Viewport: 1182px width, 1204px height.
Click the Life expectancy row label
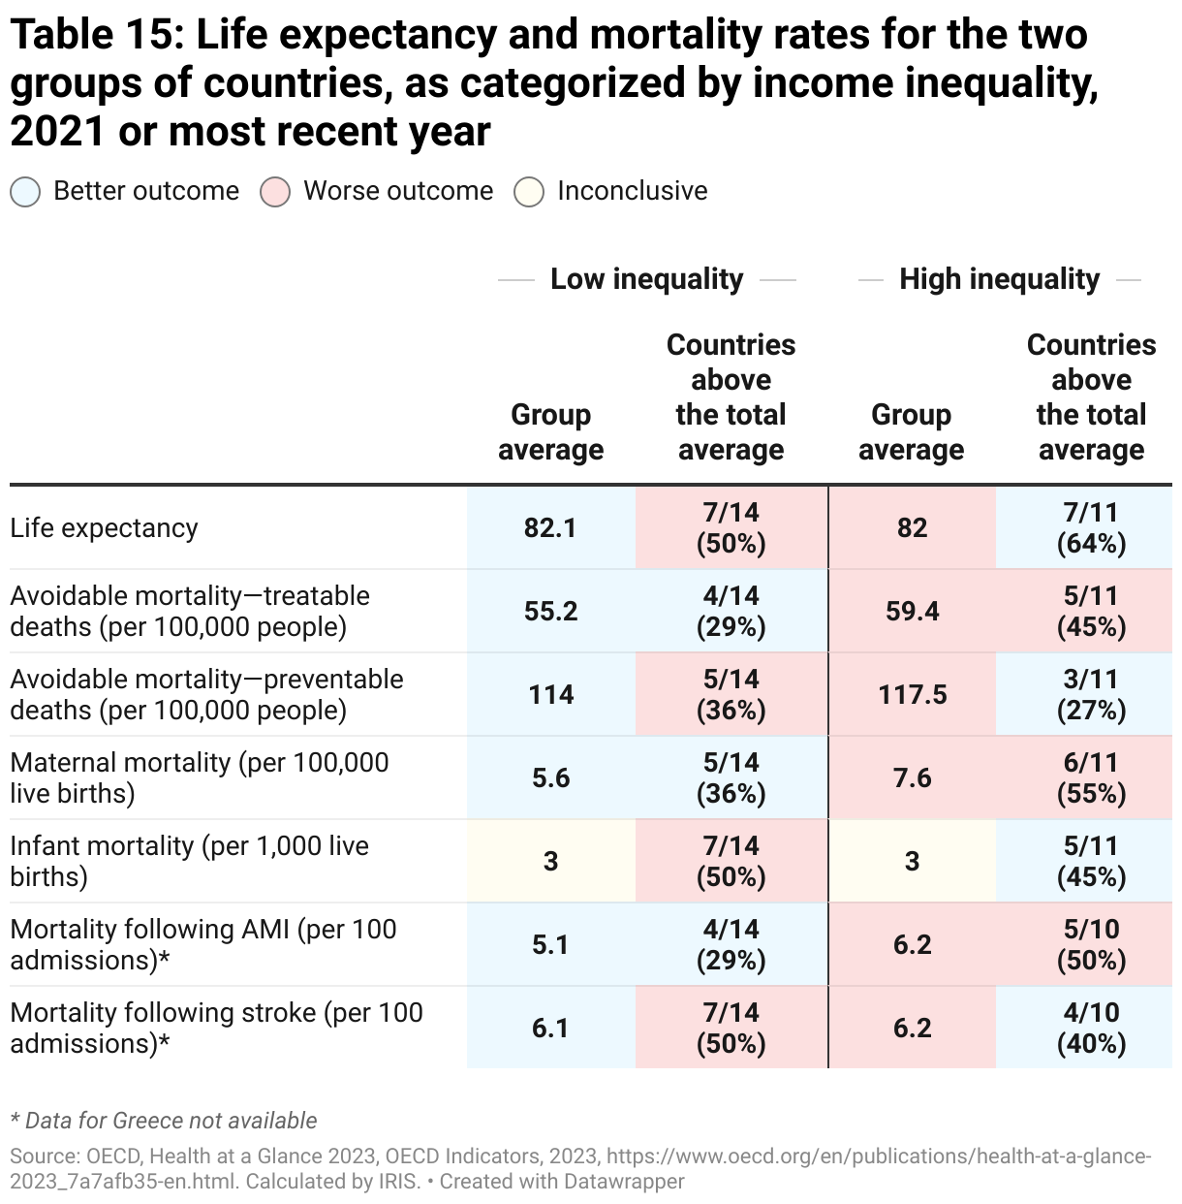click(104, 528)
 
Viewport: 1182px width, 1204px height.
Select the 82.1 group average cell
click(550, 528)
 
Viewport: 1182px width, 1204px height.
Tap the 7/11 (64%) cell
click(1091, 528)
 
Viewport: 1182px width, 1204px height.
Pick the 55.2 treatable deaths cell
click(550, 612)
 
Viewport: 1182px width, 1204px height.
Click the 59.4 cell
click(912, 612)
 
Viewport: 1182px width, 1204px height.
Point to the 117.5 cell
click(912, 695)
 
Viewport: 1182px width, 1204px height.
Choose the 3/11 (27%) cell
click(1091, 695)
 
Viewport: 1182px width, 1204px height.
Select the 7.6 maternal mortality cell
click(912, 778)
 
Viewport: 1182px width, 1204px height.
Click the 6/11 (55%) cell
click(1091, 778)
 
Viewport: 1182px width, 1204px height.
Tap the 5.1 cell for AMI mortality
click(550, 945)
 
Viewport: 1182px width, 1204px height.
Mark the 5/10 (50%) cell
click(1091, 945)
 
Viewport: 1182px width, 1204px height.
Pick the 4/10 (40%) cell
click(1091, 1029)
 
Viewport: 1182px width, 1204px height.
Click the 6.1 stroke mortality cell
click(550, 1029)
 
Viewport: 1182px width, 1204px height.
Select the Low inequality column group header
click(646, 279)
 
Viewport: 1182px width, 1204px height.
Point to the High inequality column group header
click(999, 279)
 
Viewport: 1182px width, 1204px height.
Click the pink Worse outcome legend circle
click(275, 192)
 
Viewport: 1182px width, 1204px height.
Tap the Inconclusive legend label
click(632, 191)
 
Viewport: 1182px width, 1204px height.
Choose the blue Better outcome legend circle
click(25, 192)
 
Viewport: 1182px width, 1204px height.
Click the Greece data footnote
click(164, 1121)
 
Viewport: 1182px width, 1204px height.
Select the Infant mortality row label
click(189, 861)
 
